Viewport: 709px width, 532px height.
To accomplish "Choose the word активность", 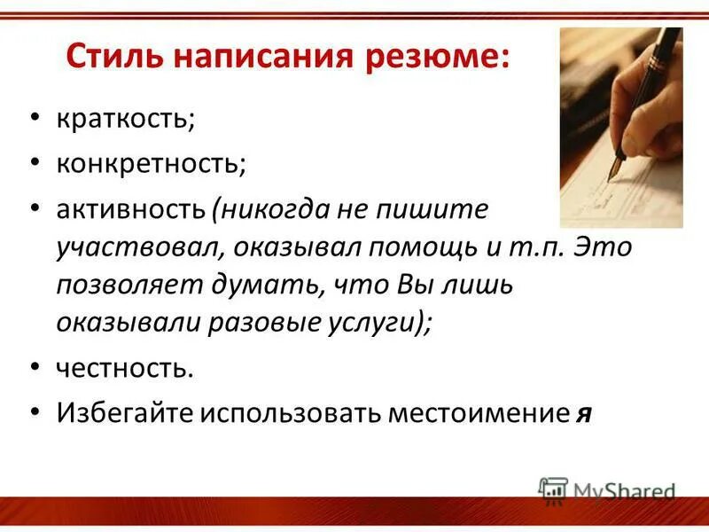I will click(x=131, y=210).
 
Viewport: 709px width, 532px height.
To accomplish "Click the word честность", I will click(x=124, y=368).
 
